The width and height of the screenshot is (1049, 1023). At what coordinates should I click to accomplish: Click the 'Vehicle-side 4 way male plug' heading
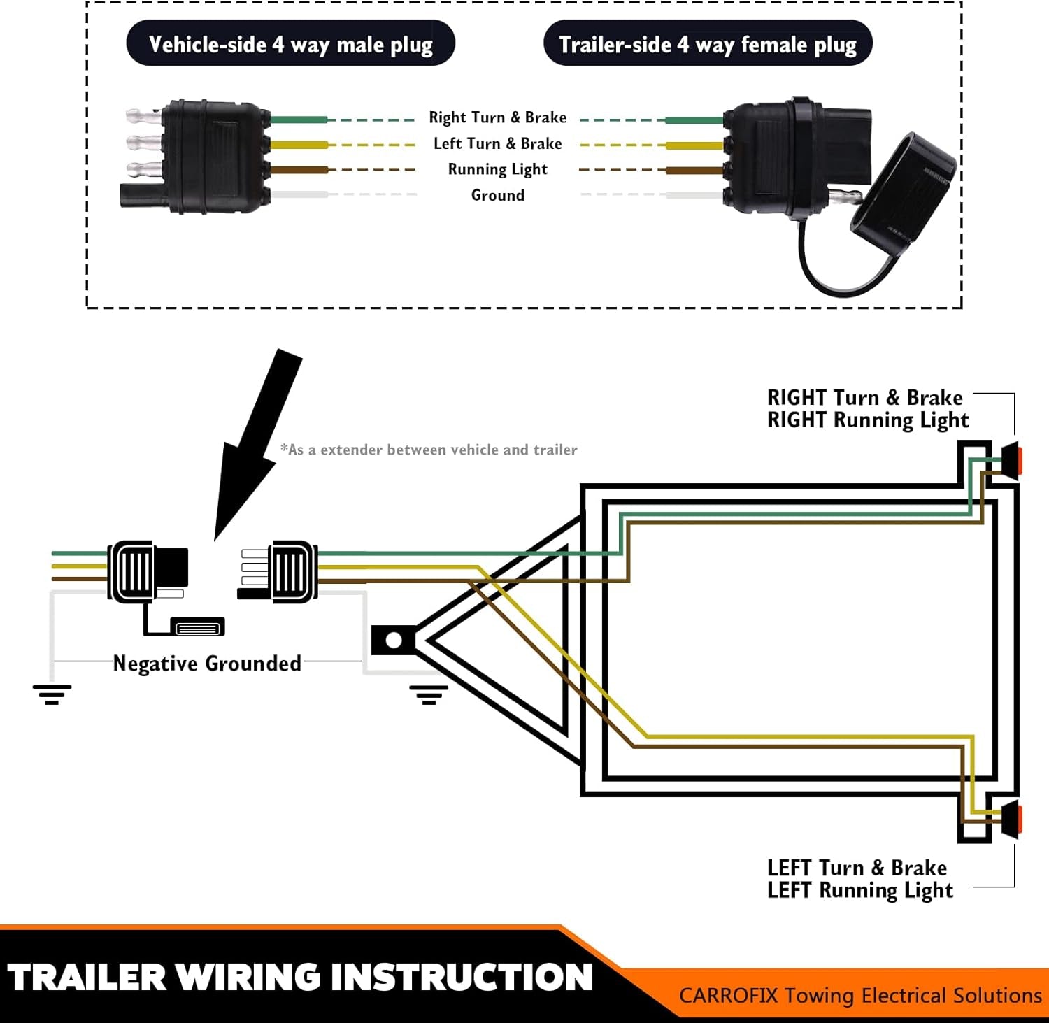(x=290, y=44)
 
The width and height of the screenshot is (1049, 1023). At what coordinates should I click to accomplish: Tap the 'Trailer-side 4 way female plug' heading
(x=707, y=44)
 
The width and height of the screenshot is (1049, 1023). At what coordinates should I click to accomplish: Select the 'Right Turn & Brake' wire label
(x=497, y=117)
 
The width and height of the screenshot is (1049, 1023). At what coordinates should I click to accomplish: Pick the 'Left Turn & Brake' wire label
(x=497, y=143)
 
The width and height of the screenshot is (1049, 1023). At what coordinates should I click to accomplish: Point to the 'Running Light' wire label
(x=497, y=169)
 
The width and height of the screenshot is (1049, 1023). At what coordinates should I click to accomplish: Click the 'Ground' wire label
(x=497, y=195)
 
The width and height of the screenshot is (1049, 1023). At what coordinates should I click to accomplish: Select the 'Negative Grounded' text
(x=207, y=663)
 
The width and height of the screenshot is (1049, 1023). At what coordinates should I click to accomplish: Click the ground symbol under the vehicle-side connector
(x=52, y=694)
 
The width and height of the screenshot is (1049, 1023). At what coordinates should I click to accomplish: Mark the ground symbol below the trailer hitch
(x=428, y=694)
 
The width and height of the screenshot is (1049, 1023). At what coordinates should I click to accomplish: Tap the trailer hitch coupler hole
(x=393, y=640)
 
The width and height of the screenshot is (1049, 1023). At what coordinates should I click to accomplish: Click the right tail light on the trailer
(x=1012, y=460)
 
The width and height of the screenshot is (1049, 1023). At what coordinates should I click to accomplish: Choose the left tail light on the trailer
(x=1012, y=820)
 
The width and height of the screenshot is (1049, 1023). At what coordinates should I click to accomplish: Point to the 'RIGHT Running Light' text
(x=867, y=420)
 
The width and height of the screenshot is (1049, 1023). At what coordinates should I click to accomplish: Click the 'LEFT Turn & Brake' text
(x=857, y=868)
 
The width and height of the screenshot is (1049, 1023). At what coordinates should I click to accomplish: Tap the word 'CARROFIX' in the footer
(x=728, y=995)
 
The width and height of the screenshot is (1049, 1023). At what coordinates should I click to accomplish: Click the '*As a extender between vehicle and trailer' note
(x=429, y=450)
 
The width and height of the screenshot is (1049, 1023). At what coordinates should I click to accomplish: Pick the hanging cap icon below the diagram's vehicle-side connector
(x=198, y=627)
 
